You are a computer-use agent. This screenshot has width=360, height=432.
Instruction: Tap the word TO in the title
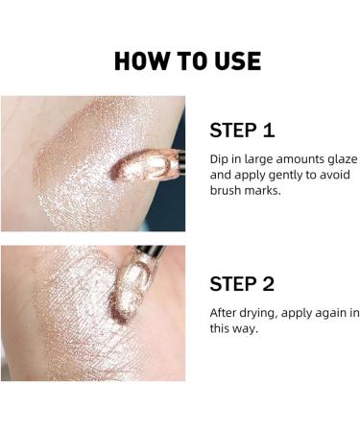point(186,60)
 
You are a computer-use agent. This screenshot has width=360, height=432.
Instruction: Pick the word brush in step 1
point(228,192)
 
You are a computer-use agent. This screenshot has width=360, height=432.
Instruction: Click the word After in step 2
point(226,313)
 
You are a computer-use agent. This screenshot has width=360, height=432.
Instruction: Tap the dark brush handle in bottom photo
point(154,254)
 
